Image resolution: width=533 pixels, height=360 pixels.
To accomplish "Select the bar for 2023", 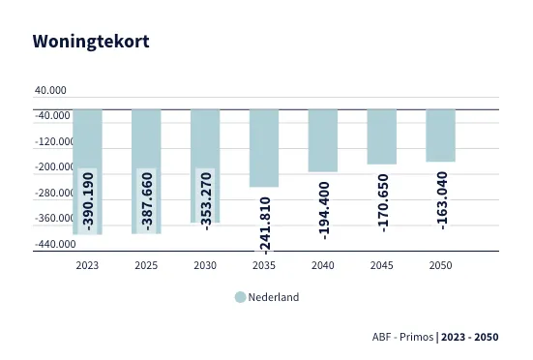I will point(87,145).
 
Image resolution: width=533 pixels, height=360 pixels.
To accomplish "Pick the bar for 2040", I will point(323,140).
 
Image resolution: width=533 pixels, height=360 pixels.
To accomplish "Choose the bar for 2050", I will point(441,135).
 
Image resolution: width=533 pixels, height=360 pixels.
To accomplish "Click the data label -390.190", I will point(88,200).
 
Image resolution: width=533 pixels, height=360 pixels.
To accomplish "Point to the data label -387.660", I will point(147,200).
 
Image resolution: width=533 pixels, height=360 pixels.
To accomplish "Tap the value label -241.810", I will point(265,225).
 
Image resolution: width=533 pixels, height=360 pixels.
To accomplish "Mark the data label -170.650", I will point(383,202).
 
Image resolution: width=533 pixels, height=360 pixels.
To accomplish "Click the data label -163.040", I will point(442,199).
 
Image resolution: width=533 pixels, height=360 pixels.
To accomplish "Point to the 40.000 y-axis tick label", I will point(50,90).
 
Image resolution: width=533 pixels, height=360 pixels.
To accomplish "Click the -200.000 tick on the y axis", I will point(50,167).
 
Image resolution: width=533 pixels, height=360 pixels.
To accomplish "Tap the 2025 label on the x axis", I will point(146,265).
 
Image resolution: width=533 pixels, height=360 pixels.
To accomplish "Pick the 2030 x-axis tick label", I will point(205,265).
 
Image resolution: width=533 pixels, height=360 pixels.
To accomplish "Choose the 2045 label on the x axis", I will point(382,265).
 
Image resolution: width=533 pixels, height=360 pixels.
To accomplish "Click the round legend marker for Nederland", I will point(240,297).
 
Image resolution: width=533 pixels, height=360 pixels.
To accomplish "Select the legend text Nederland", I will point(274,297).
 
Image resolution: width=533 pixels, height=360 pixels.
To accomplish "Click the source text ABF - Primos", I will point(402,338).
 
